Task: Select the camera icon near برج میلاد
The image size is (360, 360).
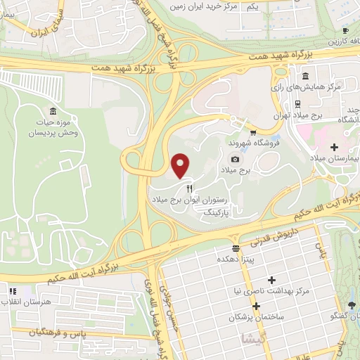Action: (x=254, y=160)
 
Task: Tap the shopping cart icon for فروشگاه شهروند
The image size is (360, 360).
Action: (x=252, y=131)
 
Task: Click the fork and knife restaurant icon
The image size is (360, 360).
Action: (x=188, y=189)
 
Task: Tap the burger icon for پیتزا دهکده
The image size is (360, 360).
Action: (x=236, y=248)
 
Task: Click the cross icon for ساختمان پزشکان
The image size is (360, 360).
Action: (x=256, y=307)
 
